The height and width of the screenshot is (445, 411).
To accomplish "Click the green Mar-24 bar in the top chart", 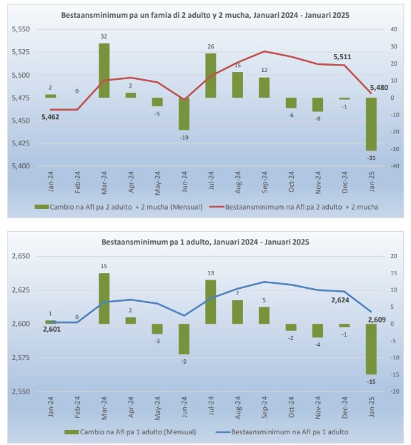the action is tap(104, 71).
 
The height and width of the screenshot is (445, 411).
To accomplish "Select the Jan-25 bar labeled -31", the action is tap(371, 124).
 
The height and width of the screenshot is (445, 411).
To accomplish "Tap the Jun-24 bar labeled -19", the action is tap(184, 114).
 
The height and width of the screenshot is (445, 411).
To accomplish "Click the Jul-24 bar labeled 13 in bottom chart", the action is tap(211, 302).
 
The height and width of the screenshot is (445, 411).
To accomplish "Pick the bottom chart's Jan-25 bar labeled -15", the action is tap(371, 349).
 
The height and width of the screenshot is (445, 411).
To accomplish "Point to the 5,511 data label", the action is tap(342, 57).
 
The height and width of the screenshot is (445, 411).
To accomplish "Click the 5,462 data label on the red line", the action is tap(50, 117).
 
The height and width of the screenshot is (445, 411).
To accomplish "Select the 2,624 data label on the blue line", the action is tap(340, 300).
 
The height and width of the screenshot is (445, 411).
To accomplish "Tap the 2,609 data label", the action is tap(377, 319).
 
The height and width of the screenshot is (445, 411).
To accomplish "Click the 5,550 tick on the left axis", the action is tap(21, 29).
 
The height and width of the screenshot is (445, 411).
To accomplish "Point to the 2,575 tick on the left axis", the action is tap(21, 357).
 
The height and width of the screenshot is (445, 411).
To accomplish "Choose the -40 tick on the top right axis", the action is tap(394, 166).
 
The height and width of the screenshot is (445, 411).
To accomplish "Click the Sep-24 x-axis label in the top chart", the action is tap(264, 182).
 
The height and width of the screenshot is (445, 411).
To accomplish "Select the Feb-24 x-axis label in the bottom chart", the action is tap(77, 407).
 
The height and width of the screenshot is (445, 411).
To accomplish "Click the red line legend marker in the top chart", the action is tap(216, 207).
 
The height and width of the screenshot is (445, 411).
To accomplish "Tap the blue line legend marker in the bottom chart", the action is tap(223, 432).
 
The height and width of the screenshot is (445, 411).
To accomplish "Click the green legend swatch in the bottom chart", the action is tap(71, 432).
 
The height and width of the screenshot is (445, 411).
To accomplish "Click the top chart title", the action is tap(205, 15).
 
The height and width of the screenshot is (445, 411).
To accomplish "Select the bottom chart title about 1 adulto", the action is tap(205, 242).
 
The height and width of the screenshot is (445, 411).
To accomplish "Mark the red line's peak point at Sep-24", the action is tap(264, 51).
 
